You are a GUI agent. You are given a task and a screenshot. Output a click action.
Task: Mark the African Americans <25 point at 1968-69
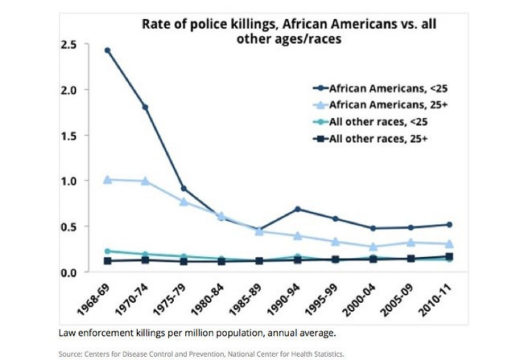click(x=108, y=50)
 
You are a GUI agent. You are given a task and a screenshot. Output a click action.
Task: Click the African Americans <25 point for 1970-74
click(x=146, y=107)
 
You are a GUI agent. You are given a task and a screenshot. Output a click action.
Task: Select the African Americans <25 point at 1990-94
click(x=297, y=209)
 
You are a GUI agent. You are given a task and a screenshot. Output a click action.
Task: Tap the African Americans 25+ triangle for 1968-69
click(x=108, y=179)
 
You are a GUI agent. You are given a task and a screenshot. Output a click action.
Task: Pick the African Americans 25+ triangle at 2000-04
click(x=373, y=246)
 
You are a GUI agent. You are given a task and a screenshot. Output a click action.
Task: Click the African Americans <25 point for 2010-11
click(x=449, y=225)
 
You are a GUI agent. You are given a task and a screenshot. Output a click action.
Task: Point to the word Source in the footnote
click(x=68, y=353)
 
